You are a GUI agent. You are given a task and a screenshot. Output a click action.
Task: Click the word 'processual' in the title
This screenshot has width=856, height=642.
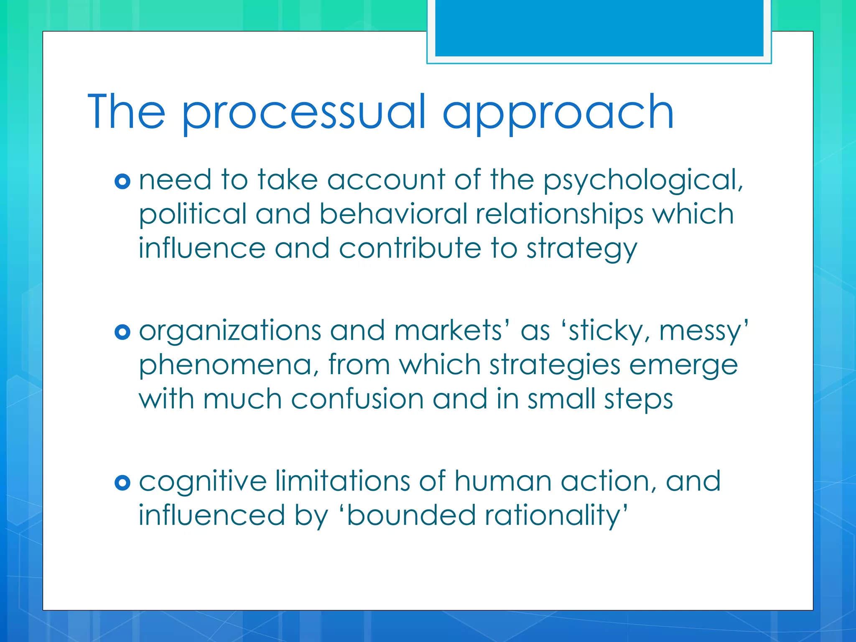pyautogui.click(x=303, y=113)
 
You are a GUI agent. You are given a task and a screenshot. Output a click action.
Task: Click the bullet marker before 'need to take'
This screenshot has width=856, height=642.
pyautogui.click(x=122, y=181)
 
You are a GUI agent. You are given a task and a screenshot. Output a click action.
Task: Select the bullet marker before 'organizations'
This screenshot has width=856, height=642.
pyautogui.click(x=122, y=332)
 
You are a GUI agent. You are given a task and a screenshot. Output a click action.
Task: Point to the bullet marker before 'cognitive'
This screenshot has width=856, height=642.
pyautogui.click(x=122, y=483)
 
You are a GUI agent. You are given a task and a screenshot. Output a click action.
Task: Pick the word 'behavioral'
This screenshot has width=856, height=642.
pyautogui.click(x=393, y=214)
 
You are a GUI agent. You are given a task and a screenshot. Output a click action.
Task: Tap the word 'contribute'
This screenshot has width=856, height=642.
pyautogui.click(x=410, y=248)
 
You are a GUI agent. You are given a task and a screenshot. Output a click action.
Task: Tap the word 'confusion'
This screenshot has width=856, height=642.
pyautogui.click(x=357, y=399)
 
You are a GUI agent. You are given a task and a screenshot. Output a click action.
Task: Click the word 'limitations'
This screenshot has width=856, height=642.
pyautogui.click(x=343, y=481)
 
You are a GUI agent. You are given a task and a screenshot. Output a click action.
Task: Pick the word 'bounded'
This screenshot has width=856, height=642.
pyautogui.click(x=411, y=515)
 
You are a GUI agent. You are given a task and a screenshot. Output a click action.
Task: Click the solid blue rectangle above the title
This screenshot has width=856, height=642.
pyautogui.click(x=599, y=28)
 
